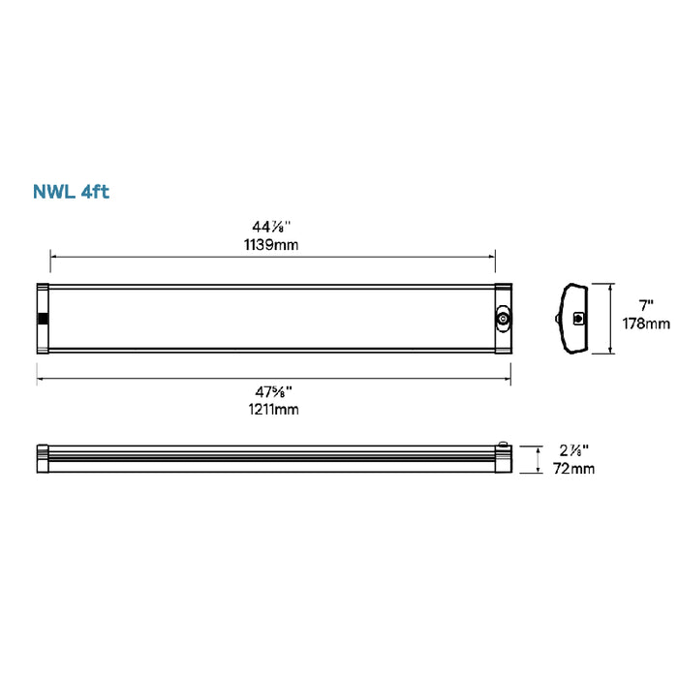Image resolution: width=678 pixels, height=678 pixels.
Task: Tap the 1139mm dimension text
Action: click(272, 245)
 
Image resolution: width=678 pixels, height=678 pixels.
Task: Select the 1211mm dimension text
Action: click(272, 410)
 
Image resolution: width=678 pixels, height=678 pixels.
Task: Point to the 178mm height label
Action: click(645, 324)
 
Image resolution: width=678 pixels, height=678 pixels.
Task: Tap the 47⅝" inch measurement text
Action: click(272, 392)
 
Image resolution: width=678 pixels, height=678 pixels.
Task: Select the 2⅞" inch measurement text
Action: click(573, 450)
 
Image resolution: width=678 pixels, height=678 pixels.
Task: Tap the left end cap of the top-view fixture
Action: click(44, 319)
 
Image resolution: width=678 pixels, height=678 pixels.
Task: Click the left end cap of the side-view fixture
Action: click(44, 458)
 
